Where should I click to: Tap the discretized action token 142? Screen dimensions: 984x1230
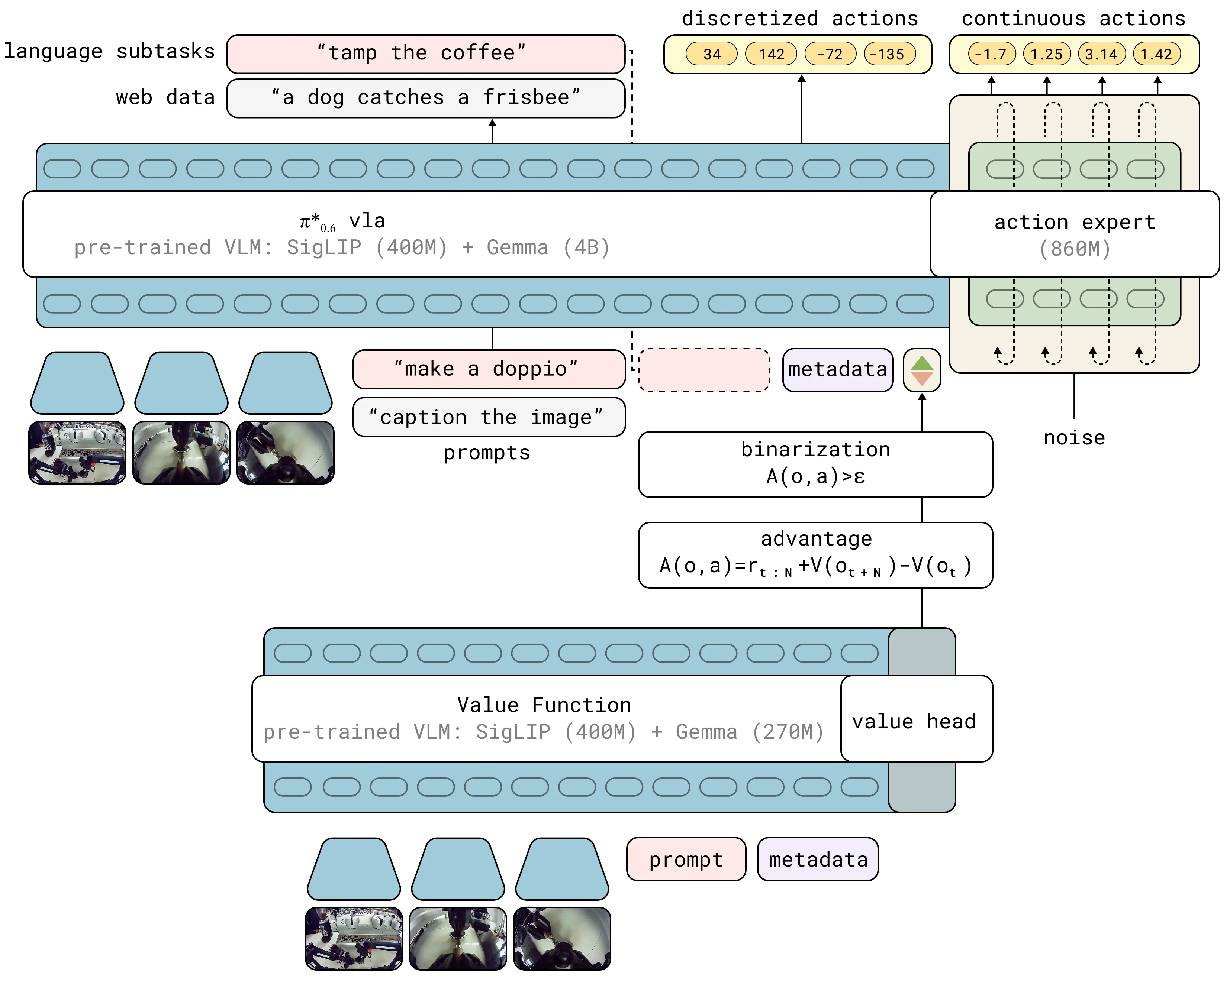click(771, 54)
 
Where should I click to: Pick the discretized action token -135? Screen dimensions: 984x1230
click(890, 54)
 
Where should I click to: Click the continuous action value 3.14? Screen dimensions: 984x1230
click(1101, 54)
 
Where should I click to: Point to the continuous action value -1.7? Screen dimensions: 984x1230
click(992, 54)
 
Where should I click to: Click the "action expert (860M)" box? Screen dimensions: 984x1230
click(1074, 234)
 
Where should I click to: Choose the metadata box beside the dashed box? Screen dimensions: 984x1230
click(837, 370)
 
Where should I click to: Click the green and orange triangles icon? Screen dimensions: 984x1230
click(921, 370)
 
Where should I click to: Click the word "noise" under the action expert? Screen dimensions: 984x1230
click(1074, 438)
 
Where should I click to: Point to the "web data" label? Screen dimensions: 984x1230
click(165, 97)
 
